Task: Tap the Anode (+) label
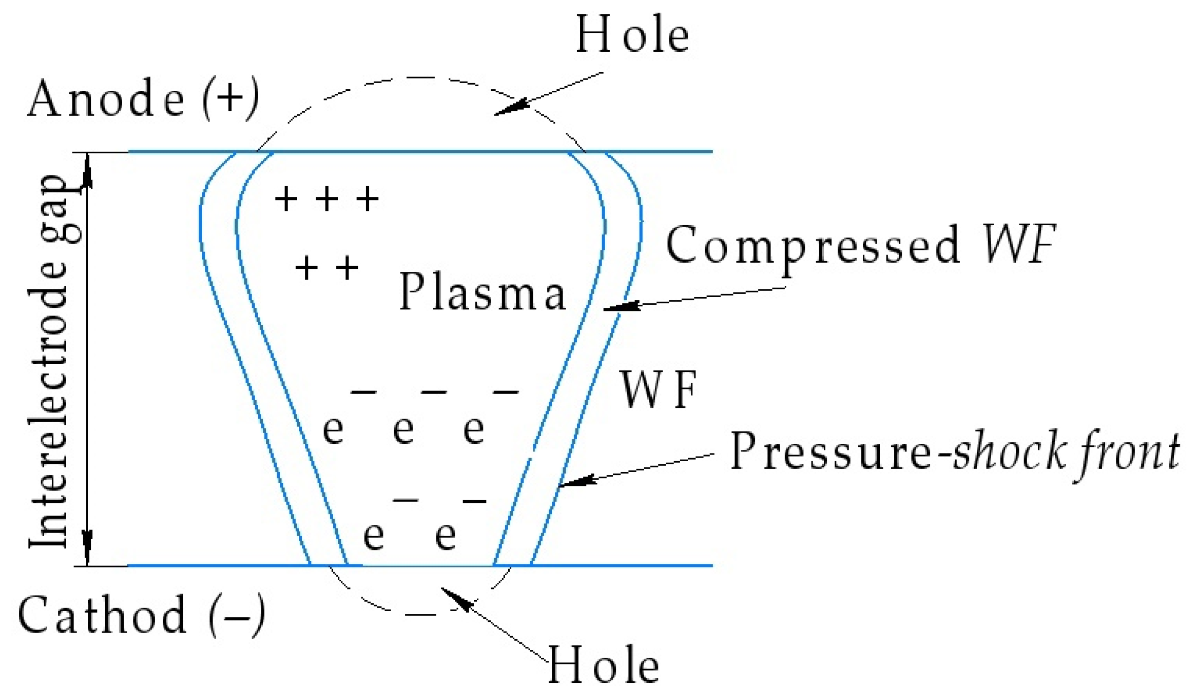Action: (143, 99)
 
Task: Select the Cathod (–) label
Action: (141, 615)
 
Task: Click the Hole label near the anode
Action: (632, 34)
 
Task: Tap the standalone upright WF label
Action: (658, 390)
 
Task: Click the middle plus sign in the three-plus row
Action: (327, 199)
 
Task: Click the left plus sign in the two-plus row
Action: (306, 268)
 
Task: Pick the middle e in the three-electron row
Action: (404, 430)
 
